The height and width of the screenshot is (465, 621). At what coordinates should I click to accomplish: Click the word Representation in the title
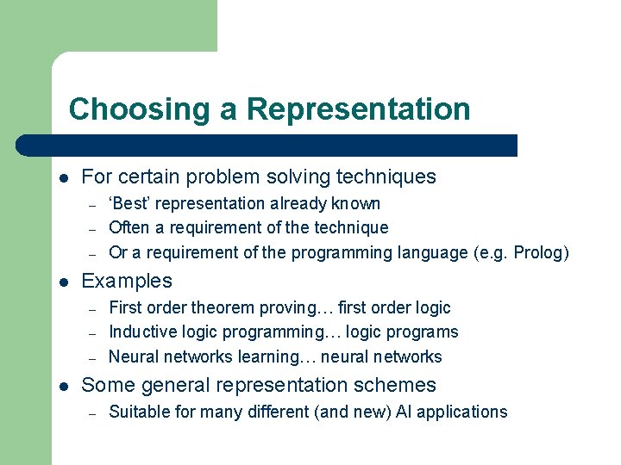click(x=358, y=109)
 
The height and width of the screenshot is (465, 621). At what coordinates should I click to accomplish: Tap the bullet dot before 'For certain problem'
click(x=64, y=178)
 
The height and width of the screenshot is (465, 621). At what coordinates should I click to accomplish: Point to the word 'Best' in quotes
click(x=130, y=204)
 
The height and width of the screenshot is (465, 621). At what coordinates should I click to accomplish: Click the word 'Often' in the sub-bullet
click(x=129, y=228)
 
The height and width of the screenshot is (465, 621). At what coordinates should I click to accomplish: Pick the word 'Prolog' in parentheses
click(x=538, y=253)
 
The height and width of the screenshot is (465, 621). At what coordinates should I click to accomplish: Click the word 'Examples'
click(x=127, y=281)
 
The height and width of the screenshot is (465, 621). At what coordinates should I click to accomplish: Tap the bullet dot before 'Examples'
click(x=64, y=282)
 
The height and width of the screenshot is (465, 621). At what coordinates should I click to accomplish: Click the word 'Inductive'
click(x=142, y=332)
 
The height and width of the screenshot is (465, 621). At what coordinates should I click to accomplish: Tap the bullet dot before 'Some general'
click(x=64, y=386)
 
